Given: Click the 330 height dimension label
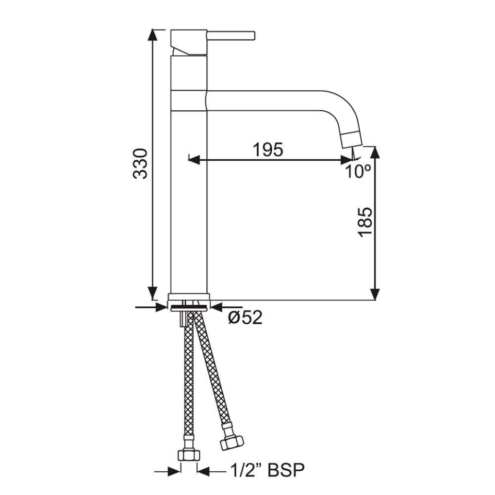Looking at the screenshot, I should coord(140,163).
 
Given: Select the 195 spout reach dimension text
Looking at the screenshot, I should coord(268,150).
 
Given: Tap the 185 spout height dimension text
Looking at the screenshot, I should coord(364,222).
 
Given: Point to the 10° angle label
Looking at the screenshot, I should coord(358,171).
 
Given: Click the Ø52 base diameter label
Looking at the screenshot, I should coord(245,318).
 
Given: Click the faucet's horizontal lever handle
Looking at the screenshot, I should coord(231,35).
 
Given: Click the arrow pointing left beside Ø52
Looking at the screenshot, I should coord(216,308).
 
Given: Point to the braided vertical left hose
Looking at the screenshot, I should coord(189,382).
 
